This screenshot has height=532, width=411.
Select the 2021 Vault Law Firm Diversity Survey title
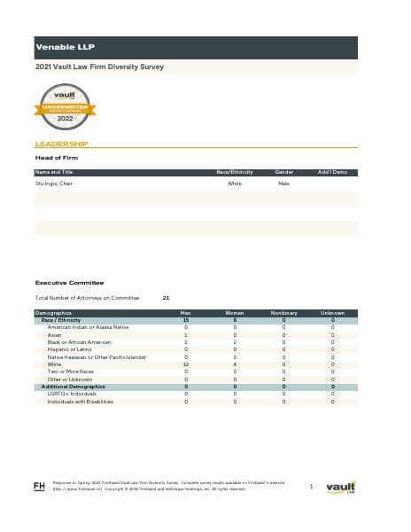pos(98,66)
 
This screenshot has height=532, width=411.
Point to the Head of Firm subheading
pos(56,158)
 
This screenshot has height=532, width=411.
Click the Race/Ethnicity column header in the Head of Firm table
pos(235,171)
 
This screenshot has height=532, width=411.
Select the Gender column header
pos(284,171)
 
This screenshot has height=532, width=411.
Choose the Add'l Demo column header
pos(331,171)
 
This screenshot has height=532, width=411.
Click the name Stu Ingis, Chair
pos(53,184)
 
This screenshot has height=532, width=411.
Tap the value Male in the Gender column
pos(283,184)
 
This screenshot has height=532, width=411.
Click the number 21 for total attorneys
pos(167,298)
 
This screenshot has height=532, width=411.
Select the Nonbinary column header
pos(283,313)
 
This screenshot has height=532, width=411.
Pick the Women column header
pos(235,313)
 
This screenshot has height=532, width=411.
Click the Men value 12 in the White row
pos(186,364)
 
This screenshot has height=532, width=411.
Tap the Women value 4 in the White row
pos(235,364)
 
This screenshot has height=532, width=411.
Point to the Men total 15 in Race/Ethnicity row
pos(186,320)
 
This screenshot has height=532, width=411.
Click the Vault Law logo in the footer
pos(341,488)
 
